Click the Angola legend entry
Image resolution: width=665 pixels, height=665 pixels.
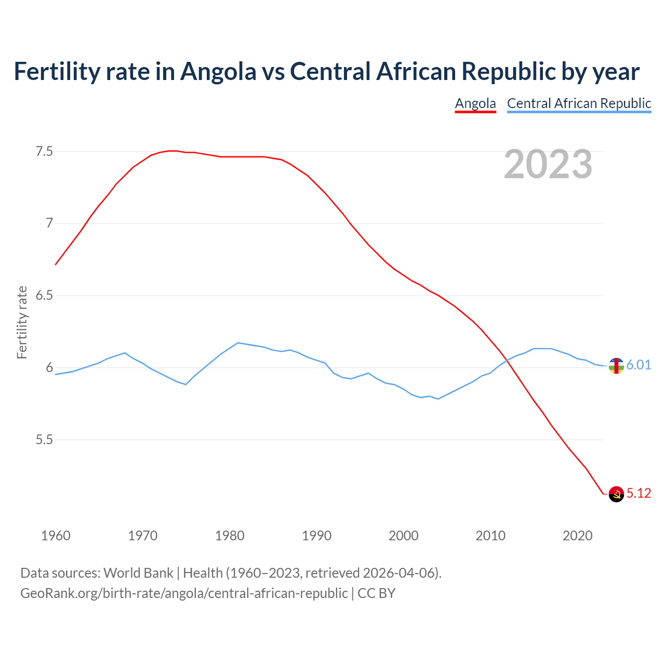click(x=475, y=103)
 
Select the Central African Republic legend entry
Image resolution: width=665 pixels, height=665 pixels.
click(x=579, y=103)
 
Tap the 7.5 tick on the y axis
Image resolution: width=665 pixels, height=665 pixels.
click(x=44, y=152)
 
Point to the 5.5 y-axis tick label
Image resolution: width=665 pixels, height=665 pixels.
click(x=44, y=440)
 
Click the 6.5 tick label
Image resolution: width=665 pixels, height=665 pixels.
click(x=44, y=296)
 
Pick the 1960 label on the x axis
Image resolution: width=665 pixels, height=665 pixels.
click(x=56, y=536)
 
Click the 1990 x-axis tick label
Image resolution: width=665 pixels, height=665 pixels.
click(x=316, y=536)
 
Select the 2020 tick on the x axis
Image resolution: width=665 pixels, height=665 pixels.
click(x=577, y=536)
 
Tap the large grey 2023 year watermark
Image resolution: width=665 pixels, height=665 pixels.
click(x=548, y=164)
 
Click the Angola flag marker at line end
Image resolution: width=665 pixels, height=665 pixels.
click(x=616, y=494)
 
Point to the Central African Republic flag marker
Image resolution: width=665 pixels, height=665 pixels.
click(x=616, y=366)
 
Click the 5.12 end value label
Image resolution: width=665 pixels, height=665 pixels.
click(x=639, y=494)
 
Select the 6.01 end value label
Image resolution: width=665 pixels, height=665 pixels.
click(x=639, y=365)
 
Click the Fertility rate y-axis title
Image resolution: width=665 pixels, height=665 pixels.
click(x=22, y=322)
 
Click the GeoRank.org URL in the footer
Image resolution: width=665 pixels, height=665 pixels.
click(x=184, y=593)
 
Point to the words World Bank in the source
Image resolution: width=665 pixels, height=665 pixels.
click(x=138, y=573)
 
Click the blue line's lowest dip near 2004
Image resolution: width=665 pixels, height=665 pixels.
click(x=438, y=399)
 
